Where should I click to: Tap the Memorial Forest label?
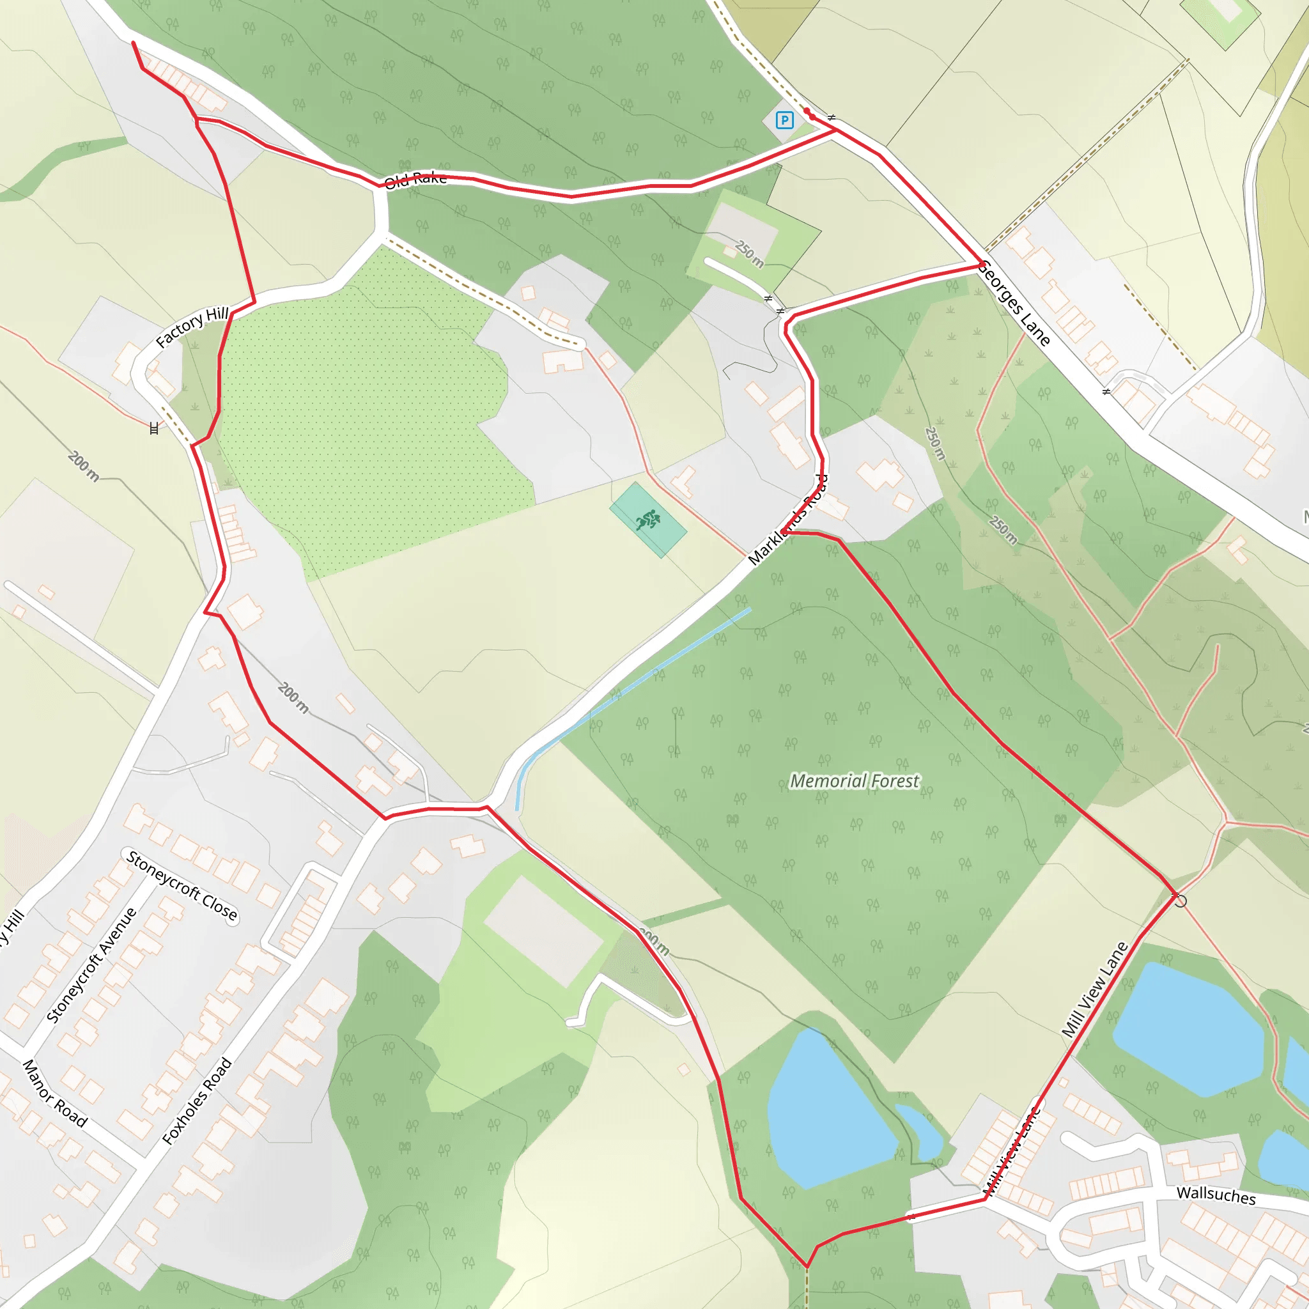[x=855, y=781]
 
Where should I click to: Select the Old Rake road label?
[x=415, y=180]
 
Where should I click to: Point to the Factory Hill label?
[x=192, y=327]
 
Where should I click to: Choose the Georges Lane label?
[x=1015, y=303]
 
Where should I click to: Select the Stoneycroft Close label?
[x=182, y=887]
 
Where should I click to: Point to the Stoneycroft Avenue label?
[x=91, y=966]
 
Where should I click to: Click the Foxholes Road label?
[x=197, y=1102]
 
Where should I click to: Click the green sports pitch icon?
[x=647, y=520]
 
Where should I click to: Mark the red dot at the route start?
[x=807, y=111]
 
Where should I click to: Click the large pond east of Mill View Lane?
[x=1186, y=1030]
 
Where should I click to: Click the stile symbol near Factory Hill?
[x=154, y=428]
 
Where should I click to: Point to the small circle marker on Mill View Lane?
[x=1181, y=901]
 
